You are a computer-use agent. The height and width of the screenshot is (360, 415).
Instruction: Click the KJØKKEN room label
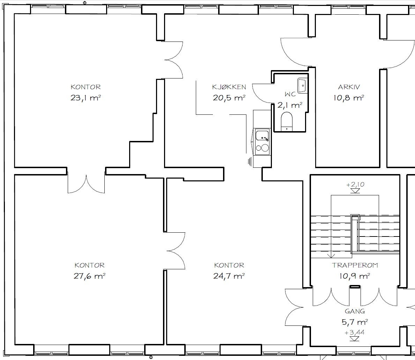[x=229, y=87]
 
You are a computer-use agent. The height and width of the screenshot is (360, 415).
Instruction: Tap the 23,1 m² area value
[x=86, y=98]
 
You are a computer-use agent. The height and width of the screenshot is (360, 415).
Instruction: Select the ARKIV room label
[x=349, y=87]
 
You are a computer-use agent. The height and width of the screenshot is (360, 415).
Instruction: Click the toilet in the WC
[x=286, y=121]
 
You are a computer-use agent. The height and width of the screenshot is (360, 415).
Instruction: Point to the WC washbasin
[x=302, y=85]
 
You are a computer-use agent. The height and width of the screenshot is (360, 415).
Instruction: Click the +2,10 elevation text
[x=355, y=185]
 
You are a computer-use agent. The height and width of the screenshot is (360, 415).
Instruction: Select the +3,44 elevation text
[x=355, y=332]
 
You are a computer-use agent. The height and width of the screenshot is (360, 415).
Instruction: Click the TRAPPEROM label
[x=355, y=265]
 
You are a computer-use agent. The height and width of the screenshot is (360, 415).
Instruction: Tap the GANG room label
[x=355, y=311]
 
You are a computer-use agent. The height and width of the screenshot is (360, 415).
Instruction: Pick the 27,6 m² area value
[x=89, y=276]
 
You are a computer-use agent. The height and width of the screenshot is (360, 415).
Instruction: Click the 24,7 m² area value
[x=229, y=276]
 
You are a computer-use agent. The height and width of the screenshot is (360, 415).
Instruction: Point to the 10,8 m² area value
[x=349, y=98]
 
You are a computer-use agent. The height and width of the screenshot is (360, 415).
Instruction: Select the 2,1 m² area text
[x=290, y=105]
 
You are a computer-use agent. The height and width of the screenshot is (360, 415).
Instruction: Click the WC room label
[x=290, y=94]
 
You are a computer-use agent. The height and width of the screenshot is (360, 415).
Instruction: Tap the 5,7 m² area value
[x=355, y=322]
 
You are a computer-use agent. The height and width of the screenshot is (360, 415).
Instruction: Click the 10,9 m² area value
[x=355, y=276]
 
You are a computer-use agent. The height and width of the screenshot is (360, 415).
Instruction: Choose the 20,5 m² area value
[x=229, y=98]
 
